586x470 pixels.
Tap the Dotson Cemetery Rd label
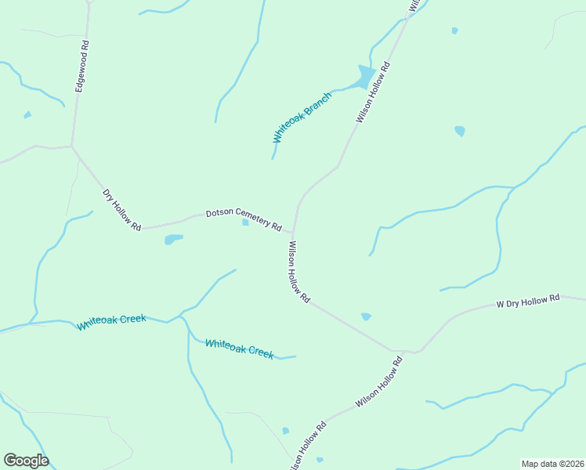(x=244, y=220)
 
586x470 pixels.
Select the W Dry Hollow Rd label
(x=529, y=300)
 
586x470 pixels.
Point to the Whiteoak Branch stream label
(x=302, y=117)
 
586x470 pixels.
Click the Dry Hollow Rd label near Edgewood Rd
(x=121, y=210)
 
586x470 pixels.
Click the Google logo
(x=26, y=461)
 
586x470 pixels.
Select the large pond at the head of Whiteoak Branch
(x=365, y=77)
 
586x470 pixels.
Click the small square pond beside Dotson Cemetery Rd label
(x=245, y=222)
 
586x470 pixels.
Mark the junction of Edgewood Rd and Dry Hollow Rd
(x=73, y=146)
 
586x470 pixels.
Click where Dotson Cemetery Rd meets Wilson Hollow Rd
(x=293, y=233)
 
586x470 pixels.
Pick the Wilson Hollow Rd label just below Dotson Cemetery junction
(x=299, y=272)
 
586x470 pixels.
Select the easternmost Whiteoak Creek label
(x=239, y=349)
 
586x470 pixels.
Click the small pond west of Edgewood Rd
(x=27, y=115)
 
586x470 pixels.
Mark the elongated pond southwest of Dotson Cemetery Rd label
(x=173, y=240)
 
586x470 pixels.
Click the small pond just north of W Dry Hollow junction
(x=366, y=316)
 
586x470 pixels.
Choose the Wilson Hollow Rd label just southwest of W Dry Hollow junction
(x=378, y=382)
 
